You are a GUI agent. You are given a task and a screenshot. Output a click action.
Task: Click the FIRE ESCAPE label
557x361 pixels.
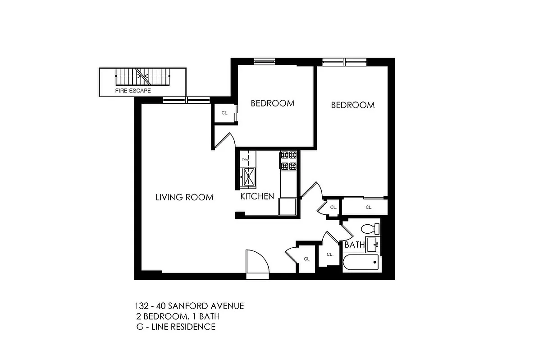[x=132, y=91]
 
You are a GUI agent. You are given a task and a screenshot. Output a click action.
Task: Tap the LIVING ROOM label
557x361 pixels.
[x=184, y=197]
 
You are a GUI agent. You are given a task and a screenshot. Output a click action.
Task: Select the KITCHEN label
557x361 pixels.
[x=257, y=196]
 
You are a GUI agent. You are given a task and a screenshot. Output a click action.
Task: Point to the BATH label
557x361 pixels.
[x=354, y=245]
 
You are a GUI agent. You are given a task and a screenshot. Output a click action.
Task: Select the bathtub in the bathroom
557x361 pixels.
[x=361, y=264]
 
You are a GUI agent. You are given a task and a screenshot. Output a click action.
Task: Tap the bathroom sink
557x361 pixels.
[x=373, y=245]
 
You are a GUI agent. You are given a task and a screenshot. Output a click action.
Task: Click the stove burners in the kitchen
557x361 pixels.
[x=288, y=160]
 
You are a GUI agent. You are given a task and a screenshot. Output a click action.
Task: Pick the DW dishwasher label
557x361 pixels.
[x=245, y=160]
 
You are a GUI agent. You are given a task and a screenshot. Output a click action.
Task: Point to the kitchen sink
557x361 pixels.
[x=248, y=176]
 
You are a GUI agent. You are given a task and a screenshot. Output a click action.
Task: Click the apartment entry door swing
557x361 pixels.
[x=257, y=263]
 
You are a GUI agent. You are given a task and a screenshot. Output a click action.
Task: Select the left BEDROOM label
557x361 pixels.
[x=273, y=103]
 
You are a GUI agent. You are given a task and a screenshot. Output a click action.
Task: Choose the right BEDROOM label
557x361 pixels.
[x=352, y=105]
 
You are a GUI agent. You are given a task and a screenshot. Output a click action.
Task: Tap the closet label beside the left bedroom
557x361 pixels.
[x=224, y=113]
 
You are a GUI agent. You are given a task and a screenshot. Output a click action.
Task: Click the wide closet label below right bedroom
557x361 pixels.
[x=369, y=208]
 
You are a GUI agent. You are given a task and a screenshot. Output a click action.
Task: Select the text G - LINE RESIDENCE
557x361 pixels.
[x=175, y=326]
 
